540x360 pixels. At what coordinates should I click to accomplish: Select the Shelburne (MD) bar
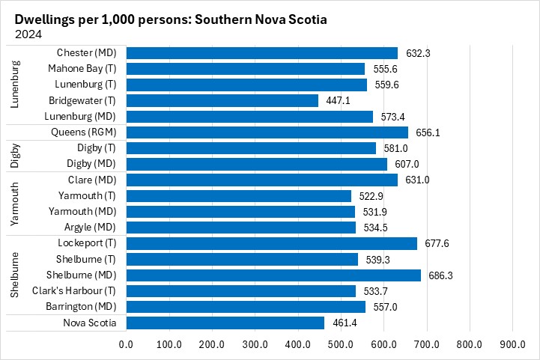[x=273, y=275]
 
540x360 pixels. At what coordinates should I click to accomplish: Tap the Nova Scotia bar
[x=225, y=323]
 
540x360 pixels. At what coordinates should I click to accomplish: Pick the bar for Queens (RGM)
[x=267, y=132]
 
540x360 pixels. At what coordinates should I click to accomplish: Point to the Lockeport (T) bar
[x=271, y=243]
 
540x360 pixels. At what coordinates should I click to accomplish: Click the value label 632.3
[x=417, y=53]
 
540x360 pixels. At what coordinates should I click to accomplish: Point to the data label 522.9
[x=371, y=195]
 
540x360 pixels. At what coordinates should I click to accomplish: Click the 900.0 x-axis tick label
[x=512, y=344]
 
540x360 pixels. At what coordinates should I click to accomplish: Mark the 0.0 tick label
[x=126, y=344]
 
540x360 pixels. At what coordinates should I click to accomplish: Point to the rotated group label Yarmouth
[x=15, y=204]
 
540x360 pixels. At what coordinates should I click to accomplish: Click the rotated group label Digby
[x=15, y=156]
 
